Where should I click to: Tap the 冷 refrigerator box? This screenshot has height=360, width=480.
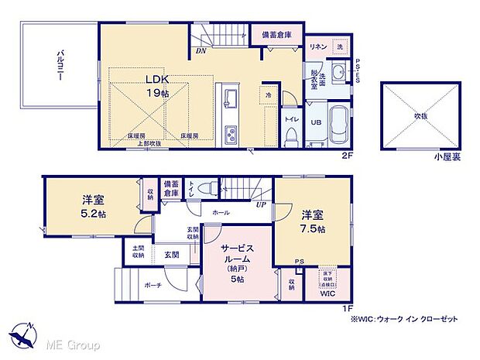click(x=268, y=97)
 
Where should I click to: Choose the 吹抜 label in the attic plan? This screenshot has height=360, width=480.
click(x=420, y=115)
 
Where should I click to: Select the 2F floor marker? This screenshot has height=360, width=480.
click(x=347, y=156)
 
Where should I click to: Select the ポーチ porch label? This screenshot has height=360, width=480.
click(x=152, y=286)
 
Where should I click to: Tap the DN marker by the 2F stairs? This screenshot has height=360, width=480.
click(x=201, y=53)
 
